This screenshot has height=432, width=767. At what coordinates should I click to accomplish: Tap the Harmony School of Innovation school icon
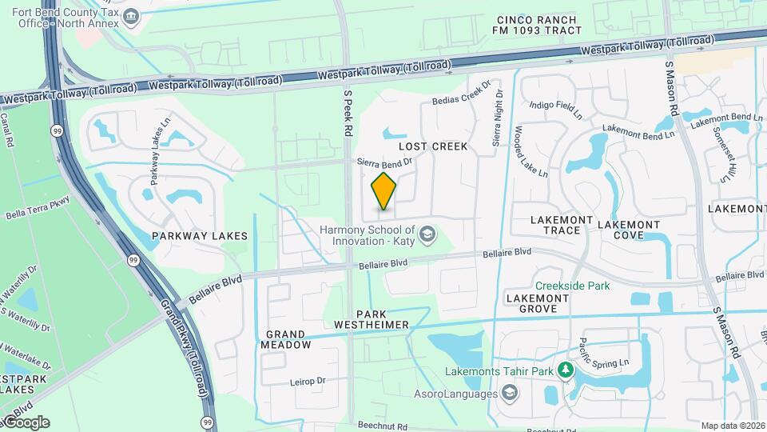[427, 234]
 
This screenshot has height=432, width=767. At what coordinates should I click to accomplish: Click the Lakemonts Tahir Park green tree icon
[565, 370]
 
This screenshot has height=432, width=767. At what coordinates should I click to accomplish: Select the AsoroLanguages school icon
[509, 393]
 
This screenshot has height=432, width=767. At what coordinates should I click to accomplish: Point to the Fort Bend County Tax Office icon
[133, 15]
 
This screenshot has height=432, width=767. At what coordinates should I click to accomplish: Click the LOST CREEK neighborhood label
[432, 147]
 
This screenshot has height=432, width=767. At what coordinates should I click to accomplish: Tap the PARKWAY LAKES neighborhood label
[200, 236]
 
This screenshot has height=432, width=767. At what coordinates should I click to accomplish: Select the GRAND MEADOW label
[285, 339]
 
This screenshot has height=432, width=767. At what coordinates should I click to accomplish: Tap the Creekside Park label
[573, 286]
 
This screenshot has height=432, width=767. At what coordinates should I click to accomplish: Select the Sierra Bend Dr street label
[384, 162]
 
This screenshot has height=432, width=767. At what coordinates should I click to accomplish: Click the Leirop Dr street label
[309, 382]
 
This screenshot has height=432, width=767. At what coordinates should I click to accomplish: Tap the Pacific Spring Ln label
[612, 353]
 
